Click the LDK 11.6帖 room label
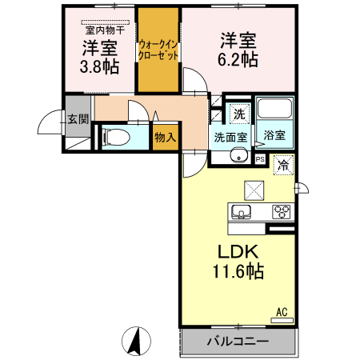coord(237,262)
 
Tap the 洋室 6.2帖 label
coord(238,49)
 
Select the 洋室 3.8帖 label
coord(98,57)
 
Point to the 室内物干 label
coord(101,28)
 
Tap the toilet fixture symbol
coord(116,137)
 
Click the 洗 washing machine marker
coord(239,113)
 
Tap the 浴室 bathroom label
coord(275,135)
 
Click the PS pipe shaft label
coord(260,158)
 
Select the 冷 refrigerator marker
coord(283,166)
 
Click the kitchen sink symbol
coord(242,212)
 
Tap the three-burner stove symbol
coord(282,212)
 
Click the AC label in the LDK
coord(282,312)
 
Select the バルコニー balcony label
coord(238,342)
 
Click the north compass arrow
coord(136,342)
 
